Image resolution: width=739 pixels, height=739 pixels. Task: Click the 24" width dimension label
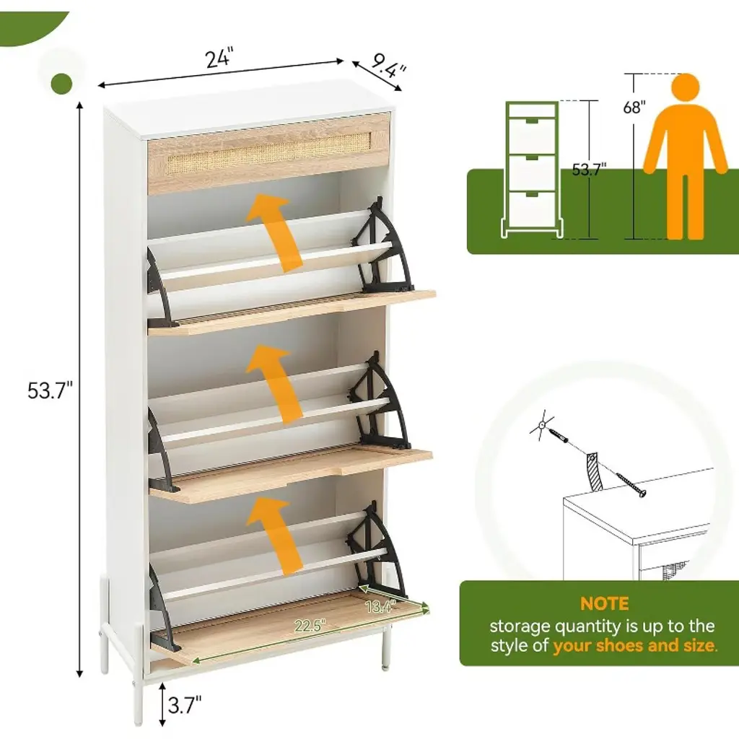(219, 58)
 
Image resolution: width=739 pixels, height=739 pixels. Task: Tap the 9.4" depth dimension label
(388, 66)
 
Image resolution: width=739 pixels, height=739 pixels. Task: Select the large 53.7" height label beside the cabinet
(51, 390)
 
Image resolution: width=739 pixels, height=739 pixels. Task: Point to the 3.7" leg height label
(185, 705)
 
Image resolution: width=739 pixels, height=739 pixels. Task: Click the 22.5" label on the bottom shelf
(310, 626)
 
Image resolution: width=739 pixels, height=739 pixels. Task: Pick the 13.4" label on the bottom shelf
(380, 606)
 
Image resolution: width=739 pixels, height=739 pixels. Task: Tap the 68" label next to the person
(634, 108)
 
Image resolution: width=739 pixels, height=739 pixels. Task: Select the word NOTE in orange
(604, 604)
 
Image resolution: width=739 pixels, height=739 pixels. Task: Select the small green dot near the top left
(62, 84)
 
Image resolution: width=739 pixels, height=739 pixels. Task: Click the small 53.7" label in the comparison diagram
(589, 169)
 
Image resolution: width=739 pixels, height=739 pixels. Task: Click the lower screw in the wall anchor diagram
(630, 485)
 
